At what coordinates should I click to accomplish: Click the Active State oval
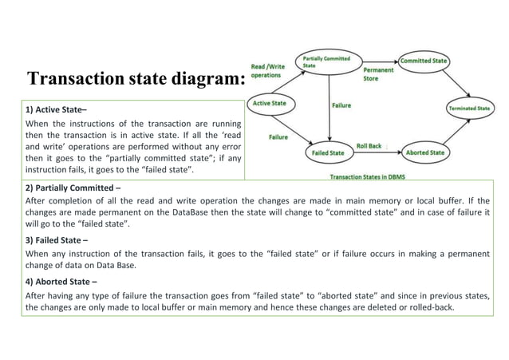270,103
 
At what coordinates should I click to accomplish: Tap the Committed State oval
423,61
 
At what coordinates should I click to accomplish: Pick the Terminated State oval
469,107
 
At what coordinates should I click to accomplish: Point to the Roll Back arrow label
369,146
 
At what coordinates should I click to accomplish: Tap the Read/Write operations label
266,70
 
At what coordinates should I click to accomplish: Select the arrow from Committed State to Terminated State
452,82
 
